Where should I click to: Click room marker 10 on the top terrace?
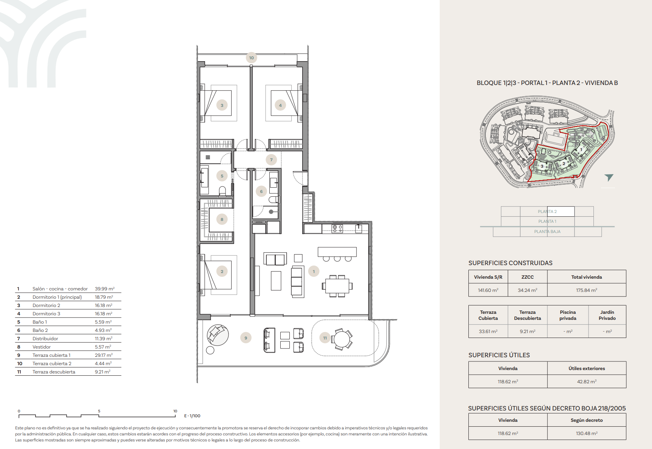pos(251,58)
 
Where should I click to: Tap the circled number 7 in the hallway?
pos(271,160)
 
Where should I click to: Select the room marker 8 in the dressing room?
pos(222,219)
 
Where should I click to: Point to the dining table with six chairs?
pos(337,286)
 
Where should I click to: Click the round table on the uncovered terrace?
pos(342,339)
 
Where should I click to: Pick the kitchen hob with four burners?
pos(337,228)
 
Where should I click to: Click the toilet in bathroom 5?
pos(222,191)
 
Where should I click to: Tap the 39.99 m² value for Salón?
pos(105,289)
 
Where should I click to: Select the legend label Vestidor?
pos(42,347)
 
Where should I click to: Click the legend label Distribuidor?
pos(45,339)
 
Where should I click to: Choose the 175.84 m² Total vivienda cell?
pos(587,290)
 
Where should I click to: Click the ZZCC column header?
pos(527,277)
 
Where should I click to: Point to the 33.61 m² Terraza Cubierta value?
pos(488,331)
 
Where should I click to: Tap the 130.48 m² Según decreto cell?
pos(587,433)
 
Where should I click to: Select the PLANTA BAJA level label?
pos(547,231)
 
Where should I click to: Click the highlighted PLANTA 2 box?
pos(547,211)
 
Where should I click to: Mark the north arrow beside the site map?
pos(609,177)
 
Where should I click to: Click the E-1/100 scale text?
pos(192,416)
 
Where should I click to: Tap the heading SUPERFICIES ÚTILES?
pos(499,355)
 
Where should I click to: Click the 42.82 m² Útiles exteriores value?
pos(587,381)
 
